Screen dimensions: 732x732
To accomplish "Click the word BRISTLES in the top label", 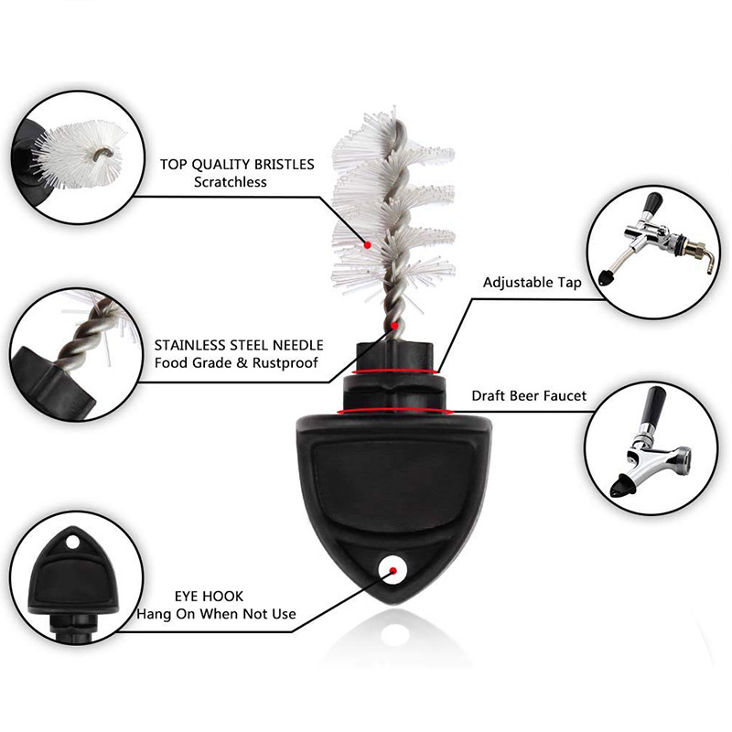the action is tap(285, 165).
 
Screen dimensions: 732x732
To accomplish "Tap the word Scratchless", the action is tap(231, 182).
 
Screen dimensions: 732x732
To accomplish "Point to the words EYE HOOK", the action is tap(209, 597).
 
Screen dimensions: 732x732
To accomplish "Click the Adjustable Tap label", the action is tap(533, 283).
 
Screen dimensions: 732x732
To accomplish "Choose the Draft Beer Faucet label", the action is tap(529, 396).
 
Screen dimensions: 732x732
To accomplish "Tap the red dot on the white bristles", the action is tap(368, 244).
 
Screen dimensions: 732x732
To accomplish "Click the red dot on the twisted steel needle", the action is tap(395, 325).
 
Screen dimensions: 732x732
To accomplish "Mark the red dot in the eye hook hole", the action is tap(393, 570).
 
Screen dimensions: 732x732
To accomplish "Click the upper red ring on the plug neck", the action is tap(396, 372).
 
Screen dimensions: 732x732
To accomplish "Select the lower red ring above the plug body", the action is tap(396, 411).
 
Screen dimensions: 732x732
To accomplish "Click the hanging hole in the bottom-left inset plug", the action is tap(73, 542).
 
